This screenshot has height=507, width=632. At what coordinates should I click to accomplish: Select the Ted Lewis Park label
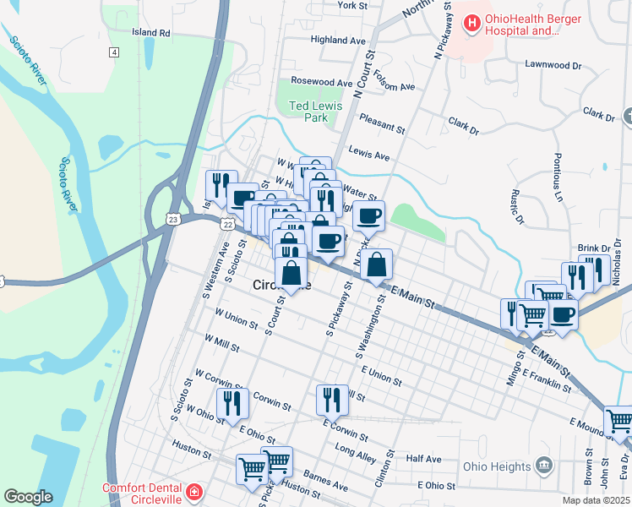[x=308, y=112]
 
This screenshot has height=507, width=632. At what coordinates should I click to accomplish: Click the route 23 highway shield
[x=173, y=219]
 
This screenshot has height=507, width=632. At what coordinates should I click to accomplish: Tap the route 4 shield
[x=113, y=52]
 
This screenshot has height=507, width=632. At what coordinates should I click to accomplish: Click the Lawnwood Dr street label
[x=553, y=64]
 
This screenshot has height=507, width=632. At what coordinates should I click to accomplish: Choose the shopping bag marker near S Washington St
[x=376, y=264]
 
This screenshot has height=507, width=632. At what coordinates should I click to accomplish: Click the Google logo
[x=28, y=497]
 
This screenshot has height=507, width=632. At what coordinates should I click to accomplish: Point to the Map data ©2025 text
[x=597, y=500]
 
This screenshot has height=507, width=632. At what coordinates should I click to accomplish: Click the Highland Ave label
[x=338, y=40]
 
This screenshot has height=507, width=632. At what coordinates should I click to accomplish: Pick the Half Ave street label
[x=423, y=459]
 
